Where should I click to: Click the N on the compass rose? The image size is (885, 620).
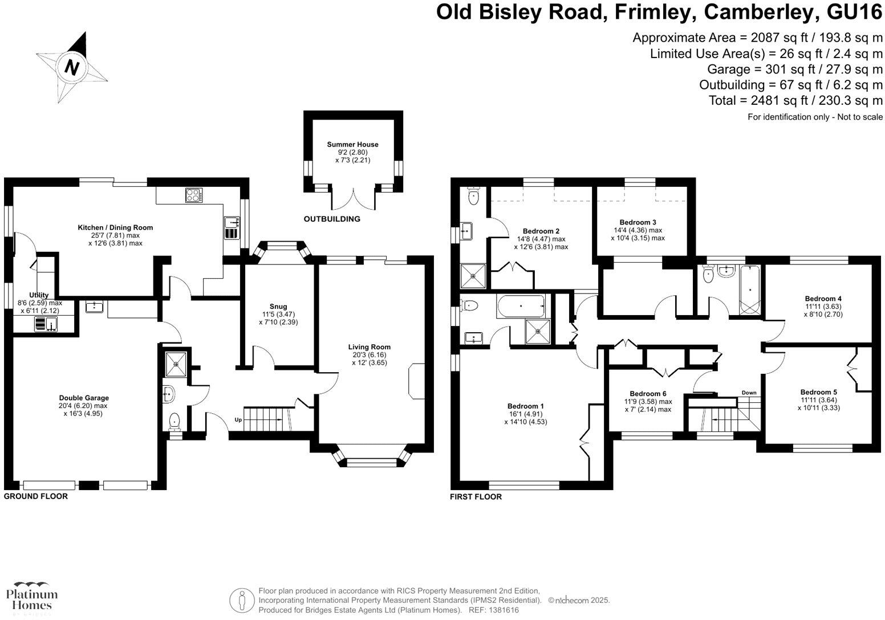[x=72, y=67]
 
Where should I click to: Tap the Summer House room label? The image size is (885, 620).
[x=352, y=145]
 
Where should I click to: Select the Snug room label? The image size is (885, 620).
[x=278, y=307]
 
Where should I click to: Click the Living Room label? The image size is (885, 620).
[x=370, y=346]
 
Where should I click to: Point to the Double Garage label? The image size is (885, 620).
[x=84, y=398]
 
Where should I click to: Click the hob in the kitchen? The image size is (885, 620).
[x=192, y=195]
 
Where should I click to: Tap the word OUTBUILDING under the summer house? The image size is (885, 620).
[x=332, y=219]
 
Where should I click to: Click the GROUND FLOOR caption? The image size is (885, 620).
[x=36, y=496]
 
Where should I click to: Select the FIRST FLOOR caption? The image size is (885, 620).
[x=476, y=497]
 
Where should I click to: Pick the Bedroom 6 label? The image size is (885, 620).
[x=648, y=394]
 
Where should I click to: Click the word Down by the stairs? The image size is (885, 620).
[x=749, y=393]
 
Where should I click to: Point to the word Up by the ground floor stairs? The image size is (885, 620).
[x=238, y=420]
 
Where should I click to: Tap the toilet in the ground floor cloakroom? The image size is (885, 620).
[x=175, y=421]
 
